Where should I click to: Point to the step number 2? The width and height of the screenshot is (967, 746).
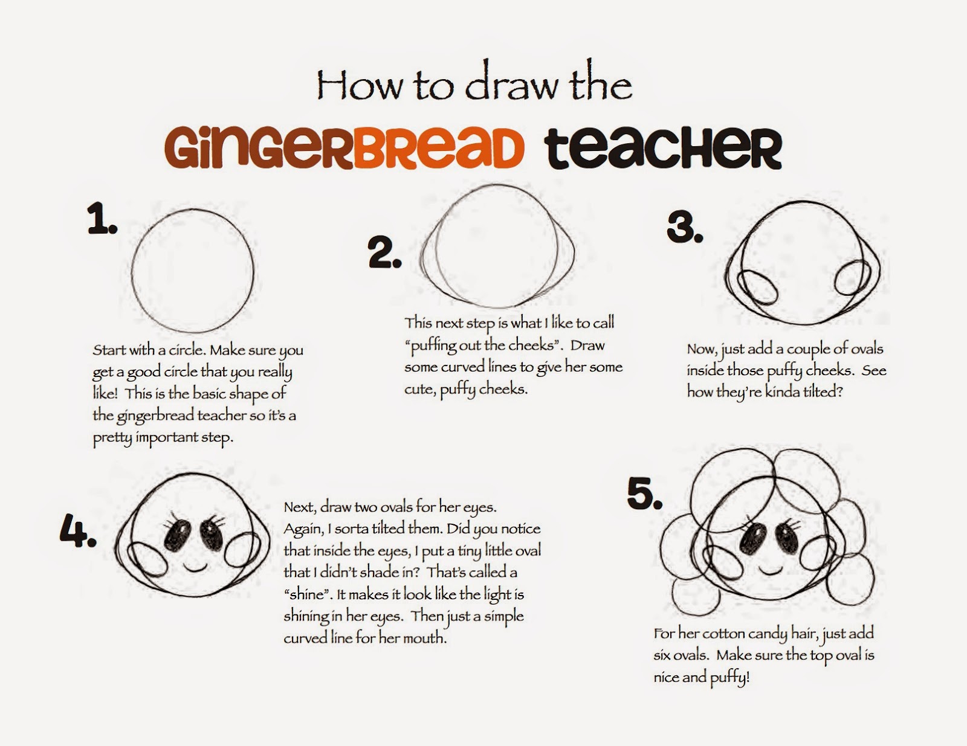(385, 253)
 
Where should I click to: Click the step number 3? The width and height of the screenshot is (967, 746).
(685, 227)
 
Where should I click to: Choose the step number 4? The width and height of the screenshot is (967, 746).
(79, 531)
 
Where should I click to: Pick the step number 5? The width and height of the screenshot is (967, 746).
(645, 493)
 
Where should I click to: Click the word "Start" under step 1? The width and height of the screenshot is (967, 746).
(109, 350)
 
